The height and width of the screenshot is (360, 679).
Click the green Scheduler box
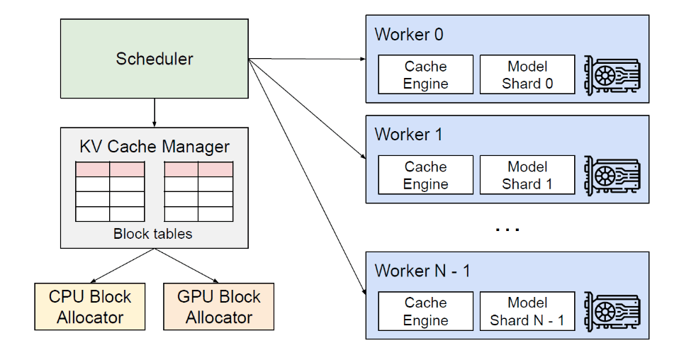coord(155,58)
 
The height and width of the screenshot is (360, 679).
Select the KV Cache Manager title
coord(155,147)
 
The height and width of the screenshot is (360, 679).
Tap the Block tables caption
coord(153,234)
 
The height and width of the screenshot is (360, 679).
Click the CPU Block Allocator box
coord(90,306)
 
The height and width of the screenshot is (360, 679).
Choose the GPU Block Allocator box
coord(218,306)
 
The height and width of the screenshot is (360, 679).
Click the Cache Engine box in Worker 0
coord(425,75)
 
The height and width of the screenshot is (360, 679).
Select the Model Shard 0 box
coord(527,75)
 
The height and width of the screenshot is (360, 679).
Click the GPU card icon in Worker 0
coord(612,74)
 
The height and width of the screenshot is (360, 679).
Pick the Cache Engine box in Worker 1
coord(425,175)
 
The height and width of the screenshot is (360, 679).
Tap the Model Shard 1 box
coord(527,175)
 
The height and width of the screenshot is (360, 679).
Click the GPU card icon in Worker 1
coord(612,175)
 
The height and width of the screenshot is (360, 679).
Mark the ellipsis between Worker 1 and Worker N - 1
coord(507,229)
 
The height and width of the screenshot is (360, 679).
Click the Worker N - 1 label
coord(422,271)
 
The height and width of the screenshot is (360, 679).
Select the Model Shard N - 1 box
coord(527,311)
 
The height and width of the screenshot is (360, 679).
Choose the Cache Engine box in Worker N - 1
coord(425,311)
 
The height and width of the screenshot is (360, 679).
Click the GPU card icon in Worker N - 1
coord(612,311)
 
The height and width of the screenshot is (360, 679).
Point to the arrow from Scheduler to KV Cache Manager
coord(155,113)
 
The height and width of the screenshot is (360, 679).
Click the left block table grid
coord(110,191)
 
